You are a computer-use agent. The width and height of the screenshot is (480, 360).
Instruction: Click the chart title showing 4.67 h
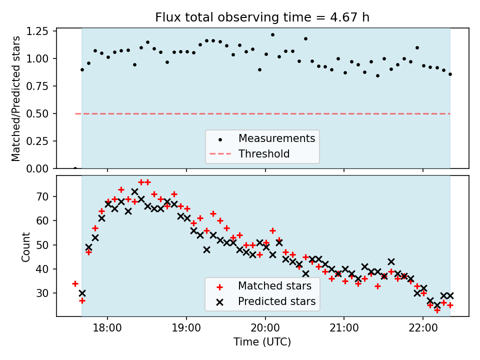point(262,18)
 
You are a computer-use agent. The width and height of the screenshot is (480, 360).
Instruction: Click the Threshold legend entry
point(263,153)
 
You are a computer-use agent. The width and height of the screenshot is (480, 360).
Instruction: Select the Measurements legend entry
point(276,138)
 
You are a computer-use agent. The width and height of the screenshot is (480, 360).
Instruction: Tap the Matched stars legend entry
point(274,286)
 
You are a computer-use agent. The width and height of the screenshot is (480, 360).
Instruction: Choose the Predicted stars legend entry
point(276,301)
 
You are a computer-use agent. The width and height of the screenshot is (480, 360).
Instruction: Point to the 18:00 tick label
point(107,328)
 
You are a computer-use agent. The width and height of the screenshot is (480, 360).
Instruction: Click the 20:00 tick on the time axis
point(265,328)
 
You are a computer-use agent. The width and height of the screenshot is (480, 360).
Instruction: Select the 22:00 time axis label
point(423,328)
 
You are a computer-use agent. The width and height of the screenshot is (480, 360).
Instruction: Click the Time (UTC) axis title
point(262,342)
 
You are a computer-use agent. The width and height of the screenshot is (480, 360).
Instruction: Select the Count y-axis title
point(25,246)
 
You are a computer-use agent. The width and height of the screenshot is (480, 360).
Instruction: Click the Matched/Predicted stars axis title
point(16,98)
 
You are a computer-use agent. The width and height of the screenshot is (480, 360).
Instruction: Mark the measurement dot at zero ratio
point(75,168)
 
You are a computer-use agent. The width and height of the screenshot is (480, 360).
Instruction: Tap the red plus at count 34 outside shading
point(75,283)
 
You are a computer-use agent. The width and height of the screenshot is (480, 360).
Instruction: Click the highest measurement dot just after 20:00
point(272,35)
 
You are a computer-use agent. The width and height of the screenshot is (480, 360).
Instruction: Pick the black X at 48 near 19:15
point(206,249)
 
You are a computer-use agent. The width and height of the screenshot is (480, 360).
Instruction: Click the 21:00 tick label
point(344,328)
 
